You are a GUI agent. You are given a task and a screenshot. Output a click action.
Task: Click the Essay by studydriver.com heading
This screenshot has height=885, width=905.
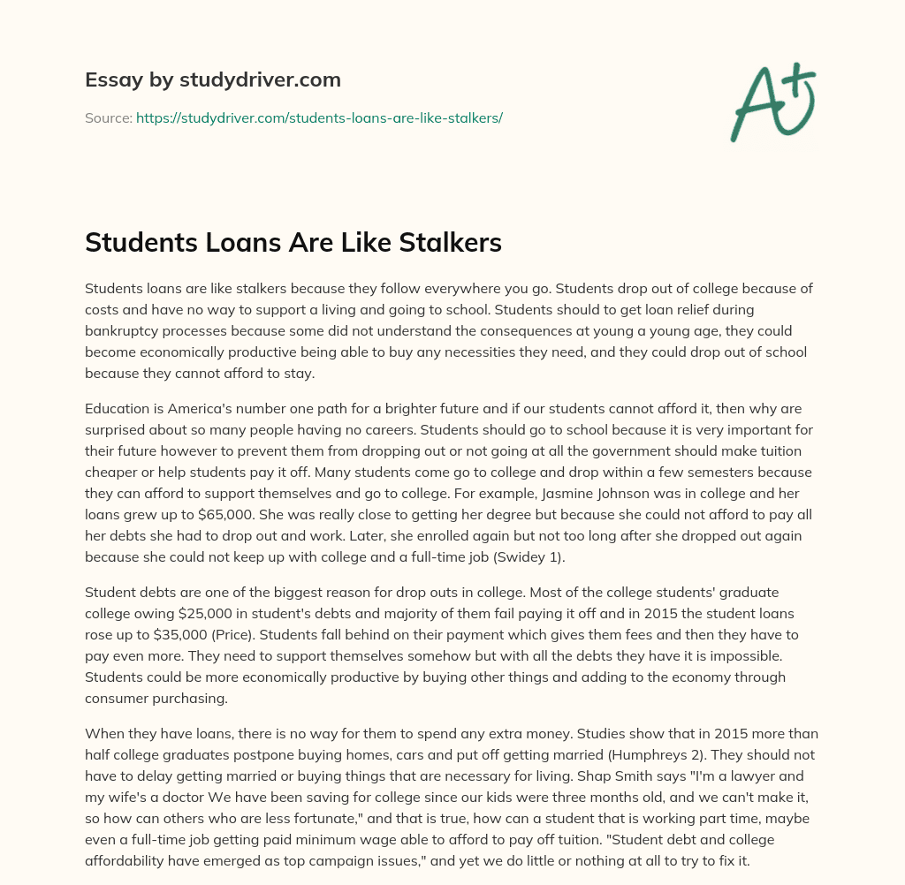tap(213, 79)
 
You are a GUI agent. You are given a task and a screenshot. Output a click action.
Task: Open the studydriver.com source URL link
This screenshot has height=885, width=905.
tap(319, 117)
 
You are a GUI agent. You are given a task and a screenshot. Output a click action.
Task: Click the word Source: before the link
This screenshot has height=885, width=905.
tap(108, 117)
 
